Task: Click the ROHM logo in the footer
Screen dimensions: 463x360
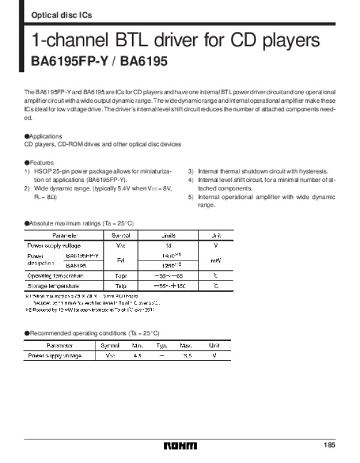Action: [x=179, y=446]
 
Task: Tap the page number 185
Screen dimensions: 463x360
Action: [x=328, y=445]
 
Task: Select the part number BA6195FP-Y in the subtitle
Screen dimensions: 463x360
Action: [x=65, y=61]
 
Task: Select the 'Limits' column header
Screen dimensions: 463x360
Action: [x=168, y=235]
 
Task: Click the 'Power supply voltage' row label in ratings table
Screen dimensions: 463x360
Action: [x=54, y=246]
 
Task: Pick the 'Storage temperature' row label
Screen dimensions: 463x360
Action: [x=53, y=286]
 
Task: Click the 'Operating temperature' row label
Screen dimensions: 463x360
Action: [x=56, y=276]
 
